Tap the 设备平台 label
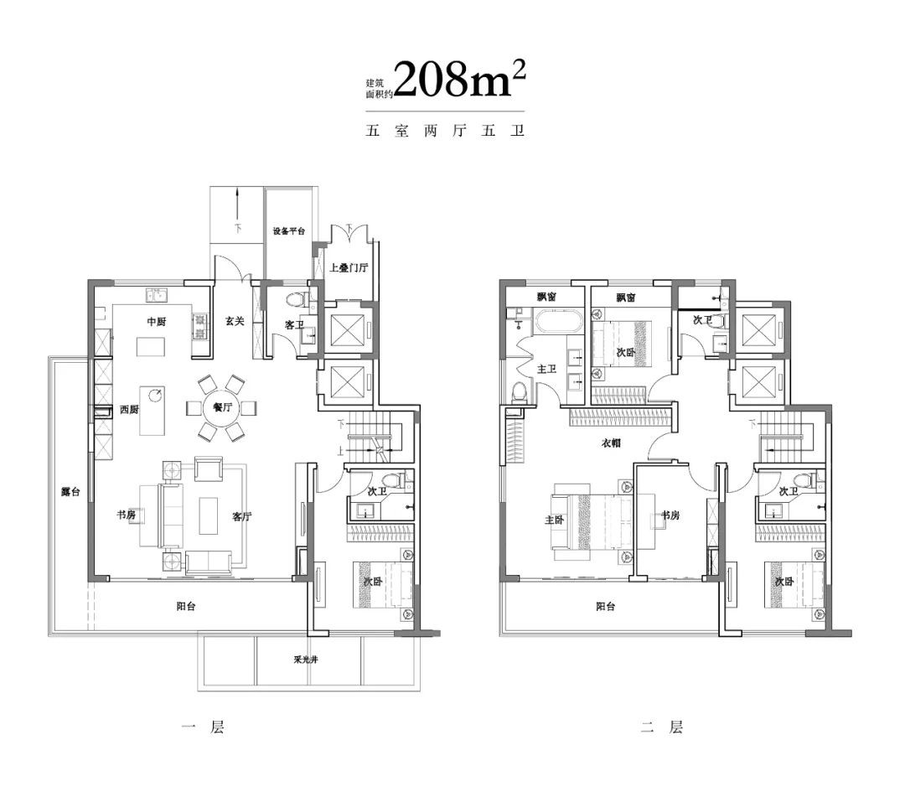(x=288, y=231)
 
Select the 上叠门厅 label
(x=349, y=268)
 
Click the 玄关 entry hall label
(x=235, y=322)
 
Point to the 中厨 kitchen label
(x=157, y=322)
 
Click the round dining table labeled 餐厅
(x=221, y=407)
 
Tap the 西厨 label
(x=129, y=409)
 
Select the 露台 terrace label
(x=70, y=492)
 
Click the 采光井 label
(x=305, y=660)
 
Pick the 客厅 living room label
(x=242, y=516)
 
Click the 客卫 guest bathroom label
(x=294, y=325)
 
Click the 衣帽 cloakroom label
(x=611, y=443)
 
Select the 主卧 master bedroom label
(x=554, y=520)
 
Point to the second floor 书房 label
(x=670, y=515)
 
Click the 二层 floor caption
(x=662, y=727)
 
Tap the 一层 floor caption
(x=203, y=727)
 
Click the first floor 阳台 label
(x=186, y=606)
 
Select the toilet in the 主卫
(x=520, y=391)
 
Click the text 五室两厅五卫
(x=445, y=131)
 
